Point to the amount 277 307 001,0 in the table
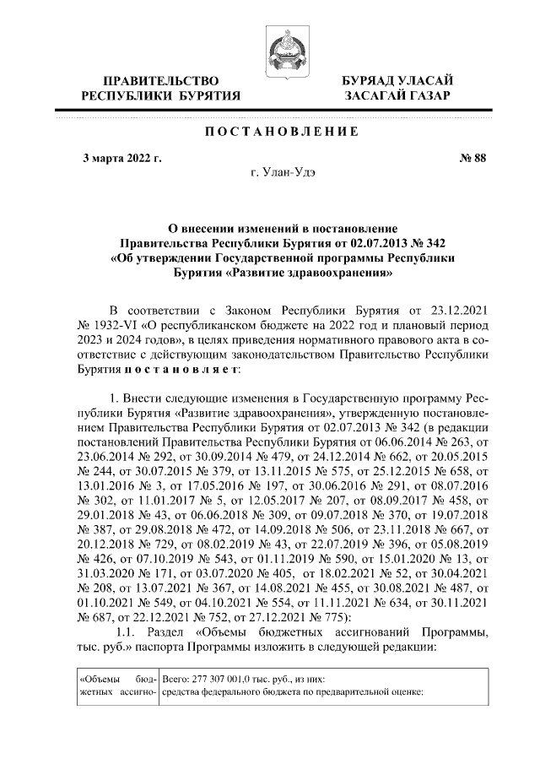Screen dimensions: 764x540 click(232, 679)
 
